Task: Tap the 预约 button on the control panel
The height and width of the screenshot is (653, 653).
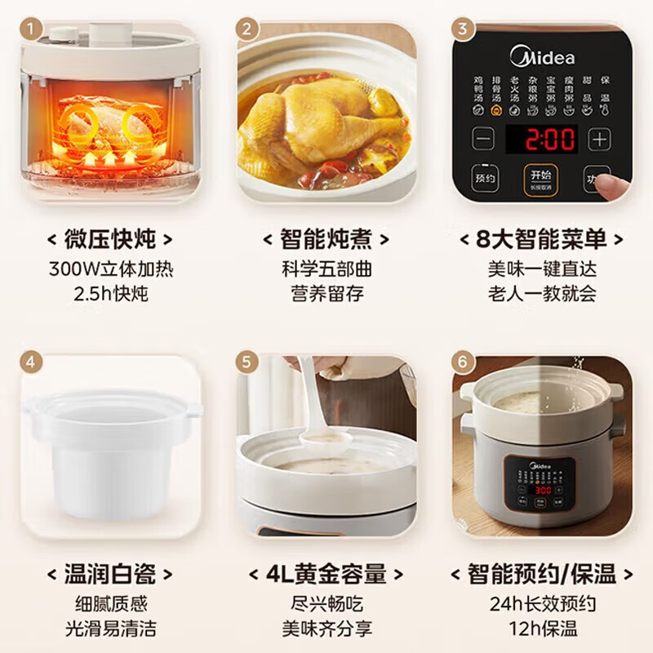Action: click(x=486, y=178)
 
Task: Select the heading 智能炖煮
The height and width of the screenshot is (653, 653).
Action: click(x=326, y=239)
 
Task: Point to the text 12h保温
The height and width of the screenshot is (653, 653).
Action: click(x=542, y=629)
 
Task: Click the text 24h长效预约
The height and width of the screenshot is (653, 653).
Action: click(x=542, y=604)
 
